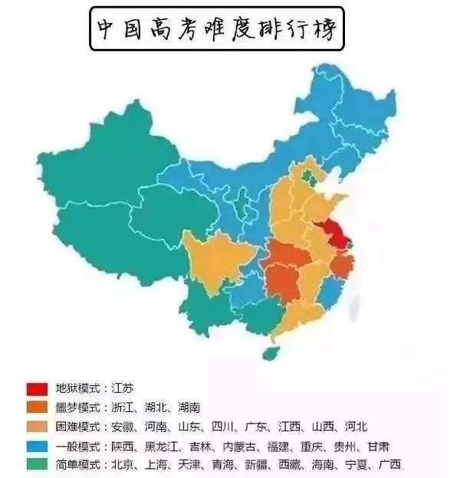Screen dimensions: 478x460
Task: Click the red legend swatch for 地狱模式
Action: (37, 388)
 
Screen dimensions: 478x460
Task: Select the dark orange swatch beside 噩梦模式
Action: (37, 407)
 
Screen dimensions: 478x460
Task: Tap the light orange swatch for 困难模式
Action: (37, 426)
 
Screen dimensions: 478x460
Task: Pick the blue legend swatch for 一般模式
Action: (37, 445)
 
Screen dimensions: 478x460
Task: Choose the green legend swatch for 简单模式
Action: (37, 464)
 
